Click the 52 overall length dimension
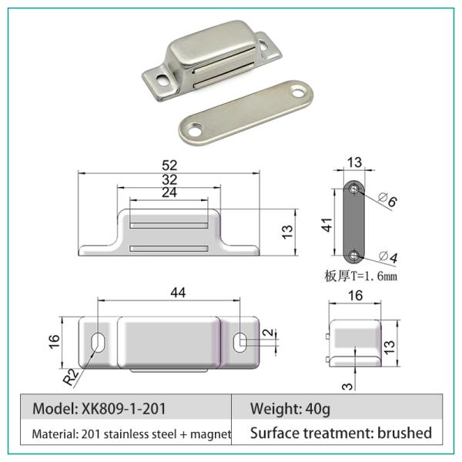pos(169,165)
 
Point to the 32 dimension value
pos(169,179)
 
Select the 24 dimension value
pos(169,192)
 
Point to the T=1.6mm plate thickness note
pos(362,275)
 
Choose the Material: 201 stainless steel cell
pos(131,434)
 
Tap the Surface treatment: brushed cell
pos(341,434)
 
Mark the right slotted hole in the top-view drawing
pos(240,340)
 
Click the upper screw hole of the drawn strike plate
pos(353,189)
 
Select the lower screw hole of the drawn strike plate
pos(353,255)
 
